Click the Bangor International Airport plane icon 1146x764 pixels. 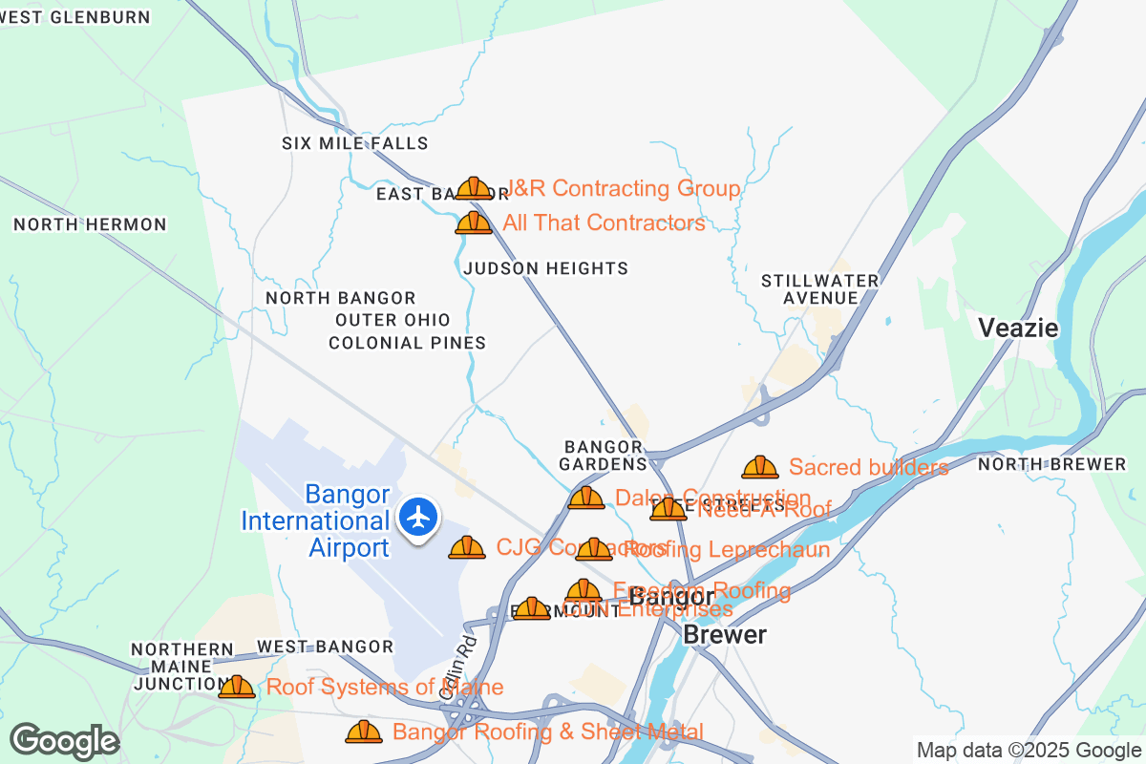click(x=417, y=518)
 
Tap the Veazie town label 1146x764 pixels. click(x=1018, y=329)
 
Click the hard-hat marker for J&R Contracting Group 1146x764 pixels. click(x=473, y=188)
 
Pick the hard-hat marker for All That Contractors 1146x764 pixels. click(x=473, y=223)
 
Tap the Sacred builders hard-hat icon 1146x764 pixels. click(x=759, y=467)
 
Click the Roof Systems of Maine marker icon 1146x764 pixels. click(x=236, y=687)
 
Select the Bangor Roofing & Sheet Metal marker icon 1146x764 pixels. click(x=363, y=732)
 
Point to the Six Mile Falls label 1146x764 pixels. click(x=354, y=144)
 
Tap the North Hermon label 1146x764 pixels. click(x=90, y=225)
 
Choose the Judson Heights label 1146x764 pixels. click(x=545, y=268)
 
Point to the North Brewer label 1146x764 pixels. click(x=1051, y=465)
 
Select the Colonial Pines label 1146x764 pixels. click(x=407, y=343)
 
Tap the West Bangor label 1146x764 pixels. click(x=325, y=647)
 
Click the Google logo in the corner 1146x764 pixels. click(x=65, y=741)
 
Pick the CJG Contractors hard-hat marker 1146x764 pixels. click(x=466, y=547)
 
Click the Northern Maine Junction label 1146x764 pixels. click(x=182, y=667)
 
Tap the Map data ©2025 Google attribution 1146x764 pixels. click(x=1029, y=750)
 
